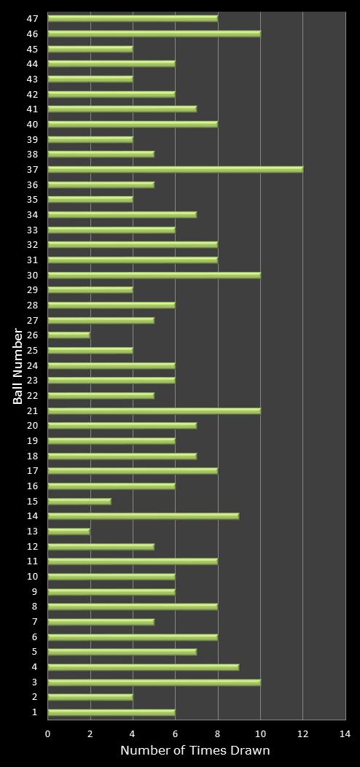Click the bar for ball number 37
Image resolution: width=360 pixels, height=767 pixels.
coord(175,169)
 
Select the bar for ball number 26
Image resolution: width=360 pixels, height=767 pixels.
coord(69,335)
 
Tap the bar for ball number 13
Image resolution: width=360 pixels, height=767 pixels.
coord(69,532)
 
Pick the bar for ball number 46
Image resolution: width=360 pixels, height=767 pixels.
coord(154,34)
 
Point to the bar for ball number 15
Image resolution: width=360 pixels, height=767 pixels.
coord(79,501)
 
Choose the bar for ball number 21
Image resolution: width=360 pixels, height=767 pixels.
coord(154,410)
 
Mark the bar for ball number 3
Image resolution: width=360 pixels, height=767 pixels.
coord(154,682)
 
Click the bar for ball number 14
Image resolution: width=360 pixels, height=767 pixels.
coord(143,516)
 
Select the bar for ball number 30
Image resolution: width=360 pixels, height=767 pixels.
coord(154,275)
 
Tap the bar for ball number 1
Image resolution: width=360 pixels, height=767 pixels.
coord(111,712)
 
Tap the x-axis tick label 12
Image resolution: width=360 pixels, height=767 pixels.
coord(302,734)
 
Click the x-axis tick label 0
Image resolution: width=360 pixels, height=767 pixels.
coord(48,734)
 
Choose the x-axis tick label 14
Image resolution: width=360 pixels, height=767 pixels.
coord(345,734)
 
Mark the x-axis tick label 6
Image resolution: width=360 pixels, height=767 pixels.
coord(175,734)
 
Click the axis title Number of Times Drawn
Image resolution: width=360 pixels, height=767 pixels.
coord(195,751)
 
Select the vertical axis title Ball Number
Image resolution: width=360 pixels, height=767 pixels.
coord(17,365)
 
